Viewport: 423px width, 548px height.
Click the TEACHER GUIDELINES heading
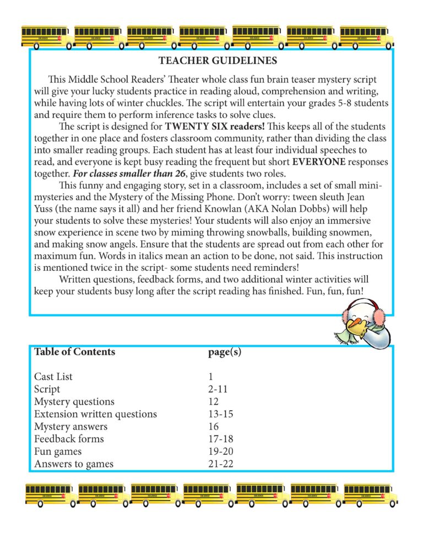coord(218,60)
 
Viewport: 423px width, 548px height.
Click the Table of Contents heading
coord(75,352)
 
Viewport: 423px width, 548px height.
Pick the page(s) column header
coord(225,352)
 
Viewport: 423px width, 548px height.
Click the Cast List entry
coord(53,377)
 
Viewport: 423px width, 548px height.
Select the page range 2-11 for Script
coord(218,389)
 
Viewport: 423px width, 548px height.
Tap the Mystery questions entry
coord(74,402)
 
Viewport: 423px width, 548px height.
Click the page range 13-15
coord(221,414)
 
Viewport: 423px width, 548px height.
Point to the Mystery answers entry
coord(70,427)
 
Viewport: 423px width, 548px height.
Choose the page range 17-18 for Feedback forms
coord(221,439)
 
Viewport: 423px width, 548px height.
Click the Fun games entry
coord(60,452)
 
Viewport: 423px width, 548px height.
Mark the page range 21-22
coord(221,464)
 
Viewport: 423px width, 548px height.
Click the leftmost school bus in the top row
coord(46,37)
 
